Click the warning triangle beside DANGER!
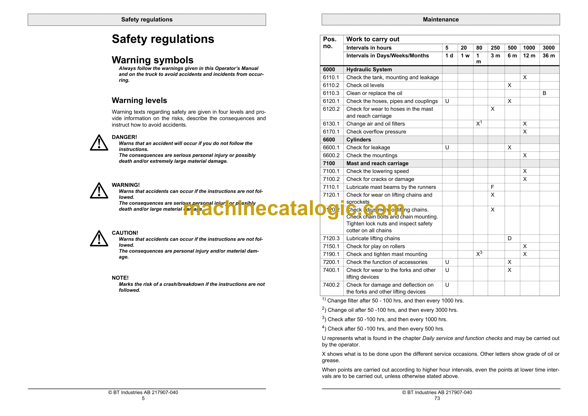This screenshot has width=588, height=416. point(99,143)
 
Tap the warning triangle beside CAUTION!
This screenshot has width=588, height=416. point(99,239)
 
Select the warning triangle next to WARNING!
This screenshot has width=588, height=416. point(99,191)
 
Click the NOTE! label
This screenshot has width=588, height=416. point(120,278)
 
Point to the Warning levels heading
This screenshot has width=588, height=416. point(139,100)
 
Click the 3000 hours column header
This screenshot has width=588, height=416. point(548,48)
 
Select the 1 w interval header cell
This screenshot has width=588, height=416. point(465,56)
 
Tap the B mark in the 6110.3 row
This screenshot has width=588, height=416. point(544,93)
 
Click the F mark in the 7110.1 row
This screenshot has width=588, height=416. point(492,187)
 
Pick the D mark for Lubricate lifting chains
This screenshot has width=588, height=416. point(510,238)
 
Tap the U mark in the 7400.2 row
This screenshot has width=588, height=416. point(447,285)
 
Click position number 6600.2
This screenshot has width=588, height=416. point(331,156)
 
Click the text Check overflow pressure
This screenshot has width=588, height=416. point(376,132)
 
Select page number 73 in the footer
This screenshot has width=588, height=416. point(437,398)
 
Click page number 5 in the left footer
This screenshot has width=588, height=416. point(143,398)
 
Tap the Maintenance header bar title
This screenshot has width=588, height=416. point(441,20)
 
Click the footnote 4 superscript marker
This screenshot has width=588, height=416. point(323,327)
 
